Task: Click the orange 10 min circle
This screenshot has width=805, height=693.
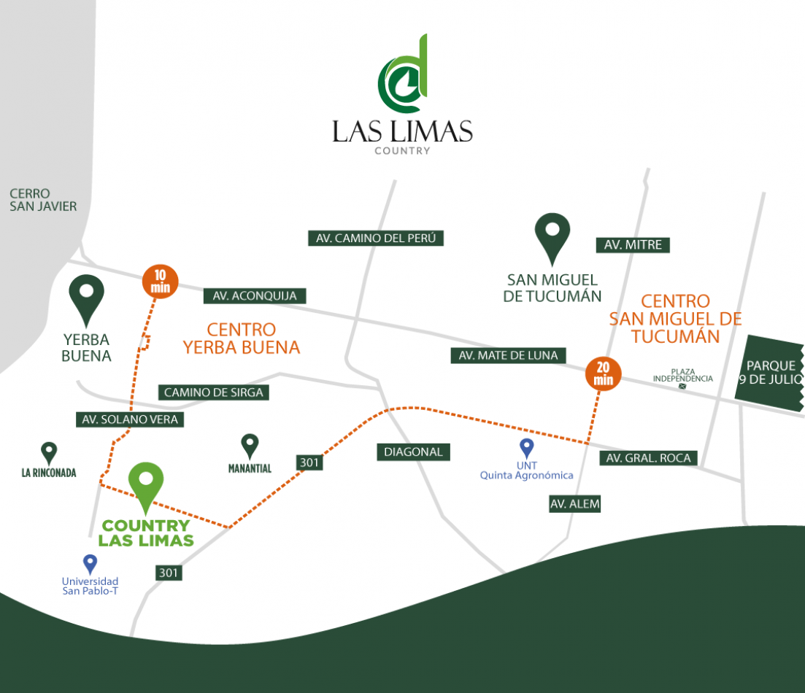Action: click(x=160, y=282)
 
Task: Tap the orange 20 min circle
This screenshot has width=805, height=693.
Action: click(x=604, y=373)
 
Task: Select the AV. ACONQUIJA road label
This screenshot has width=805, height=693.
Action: click(x=255, y=295)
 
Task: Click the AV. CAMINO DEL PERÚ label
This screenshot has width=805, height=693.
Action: click(x=376, y=239)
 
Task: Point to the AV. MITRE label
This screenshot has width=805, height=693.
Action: click(x=633, y=245)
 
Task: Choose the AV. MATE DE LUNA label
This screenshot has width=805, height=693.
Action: click(x=508, y=355)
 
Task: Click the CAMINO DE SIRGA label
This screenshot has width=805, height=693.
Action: click(x=213, y=392)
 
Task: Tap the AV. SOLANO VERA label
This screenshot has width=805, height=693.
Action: click(x=129, y=419)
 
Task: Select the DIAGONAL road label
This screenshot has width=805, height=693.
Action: click(x=413, y=452)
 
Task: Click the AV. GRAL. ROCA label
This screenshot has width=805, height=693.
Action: click(x=648, y=458)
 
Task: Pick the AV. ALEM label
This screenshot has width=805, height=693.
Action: click(x=575, y=504)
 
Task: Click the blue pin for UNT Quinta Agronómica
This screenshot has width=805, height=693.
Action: click(x=527, y=449)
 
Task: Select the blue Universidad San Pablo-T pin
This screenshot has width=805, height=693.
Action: click(x=90, y=565)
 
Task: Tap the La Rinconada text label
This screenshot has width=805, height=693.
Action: click(x=49, y=473)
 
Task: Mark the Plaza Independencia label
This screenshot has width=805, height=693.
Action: click(x=683, y=375)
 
